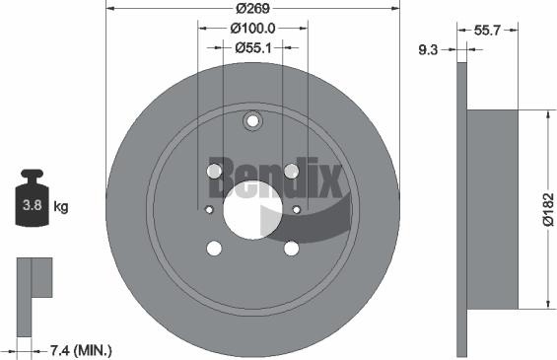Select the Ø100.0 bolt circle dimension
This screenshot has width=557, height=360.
pyautogui.click(x=252, y=29)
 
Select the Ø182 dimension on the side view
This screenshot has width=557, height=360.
pyautogui.click(x=547, y=209)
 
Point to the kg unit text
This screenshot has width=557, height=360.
pyautogui.click(x=61, y=207)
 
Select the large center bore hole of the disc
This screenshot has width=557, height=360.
pyautogui.click(x=252, y=210)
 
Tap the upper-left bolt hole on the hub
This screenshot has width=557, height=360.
pyautogui.click(x=215, y=173)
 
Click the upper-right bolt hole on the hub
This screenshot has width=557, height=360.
pyautogui.click(x=291, y=173)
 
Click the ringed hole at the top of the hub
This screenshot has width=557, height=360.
pyautogui.click(x=252, y=122)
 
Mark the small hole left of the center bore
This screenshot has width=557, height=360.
pyautogui.click(x=208, y=209)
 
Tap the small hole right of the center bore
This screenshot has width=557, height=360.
pyautogui.click(x=297, y=209)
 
